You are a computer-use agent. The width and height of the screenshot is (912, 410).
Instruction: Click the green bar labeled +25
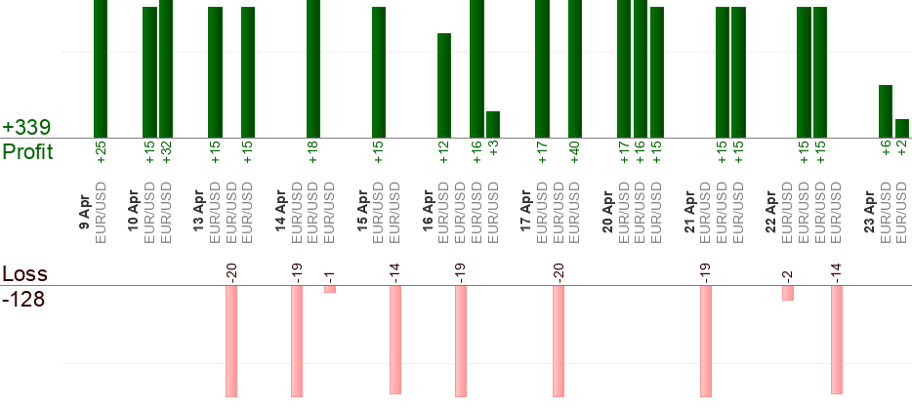click(x=101, y=68)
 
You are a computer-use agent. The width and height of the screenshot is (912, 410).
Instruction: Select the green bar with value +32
click(x=166, y=68)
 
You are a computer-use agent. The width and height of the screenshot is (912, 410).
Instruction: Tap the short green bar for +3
click(x=493, y=125)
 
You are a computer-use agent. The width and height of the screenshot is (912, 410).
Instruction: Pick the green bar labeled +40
click(x=575, y=68)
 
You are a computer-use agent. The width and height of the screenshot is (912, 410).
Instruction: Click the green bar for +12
click(x=444, y=86)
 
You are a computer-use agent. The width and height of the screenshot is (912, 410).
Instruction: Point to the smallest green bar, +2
click(x=902, y=129)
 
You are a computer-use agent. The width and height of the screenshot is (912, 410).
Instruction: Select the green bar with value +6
click(x=886, y=111)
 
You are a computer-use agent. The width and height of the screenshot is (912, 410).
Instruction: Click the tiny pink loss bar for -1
click(x=330, y=289)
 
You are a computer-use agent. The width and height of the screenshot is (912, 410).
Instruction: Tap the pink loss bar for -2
click(x=787, y=293)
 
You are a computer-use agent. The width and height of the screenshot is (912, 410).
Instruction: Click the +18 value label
click(x=313, y=152)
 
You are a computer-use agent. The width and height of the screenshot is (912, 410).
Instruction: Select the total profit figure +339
click(x=26, y=128)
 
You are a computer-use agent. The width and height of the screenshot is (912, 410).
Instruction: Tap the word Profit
click(x=28, y=151)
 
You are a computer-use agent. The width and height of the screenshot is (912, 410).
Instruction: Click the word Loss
click(x=25, y=273)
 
